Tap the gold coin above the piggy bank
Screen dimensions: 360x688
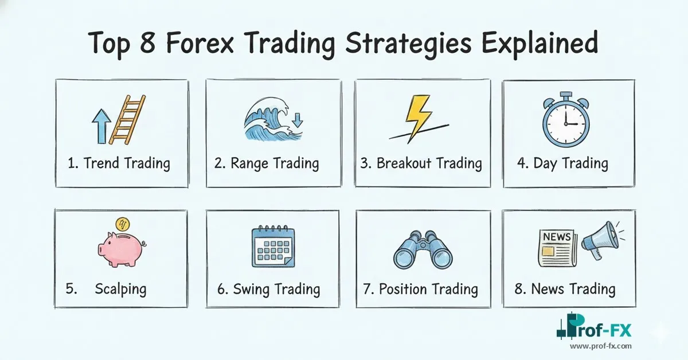(122, 224)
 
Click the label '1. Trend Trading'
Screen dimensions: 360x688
(119, 163)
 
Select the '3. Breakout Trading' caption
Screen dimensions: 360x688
(421, 163)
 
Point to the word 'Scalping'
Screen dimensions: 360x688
(120, 288)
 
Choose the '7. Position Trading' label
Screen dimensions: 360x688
(421, 289)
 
